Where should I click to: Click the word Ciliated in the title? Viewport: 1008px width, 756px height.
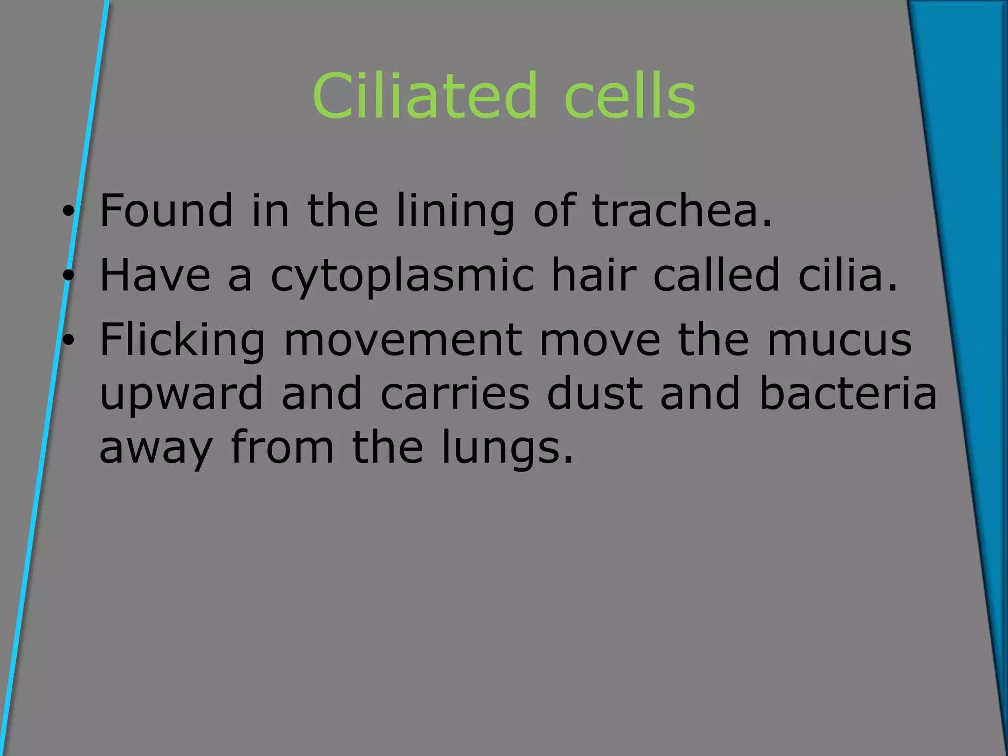click(x=424, y=96)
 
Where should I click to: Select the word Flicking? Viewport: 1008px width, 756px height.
click(x=182, y=341)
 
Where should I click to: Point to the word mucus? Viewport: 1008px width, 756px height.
click(x=839, y=341)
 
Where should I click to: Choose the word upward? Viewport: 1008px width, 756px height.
click(x=181, y=394)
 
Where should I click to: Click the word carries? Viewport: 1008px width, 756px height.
click(x=455, y=394)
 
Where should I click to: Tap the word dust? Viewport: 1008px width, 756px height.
click(x=595, y=394)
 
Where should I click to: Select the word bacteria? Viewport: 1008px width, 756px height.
click(x=848, y=394)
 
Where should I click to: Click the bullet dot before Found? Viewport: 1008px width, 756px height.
click(x=68, y=212)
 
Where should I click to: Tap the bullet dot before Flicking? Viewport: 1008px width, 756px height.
click(x=68, y=340)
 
